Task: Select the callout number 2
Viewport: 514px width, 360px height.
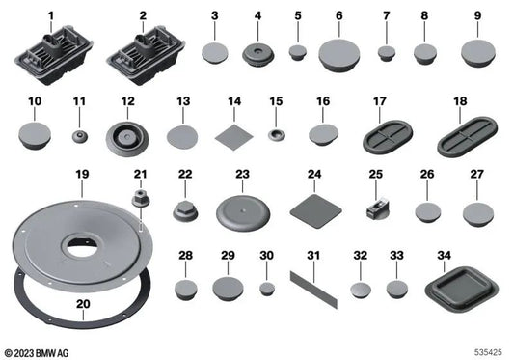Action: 143,15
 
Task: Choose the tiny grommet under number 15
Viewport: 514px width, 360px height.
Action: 276,131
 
